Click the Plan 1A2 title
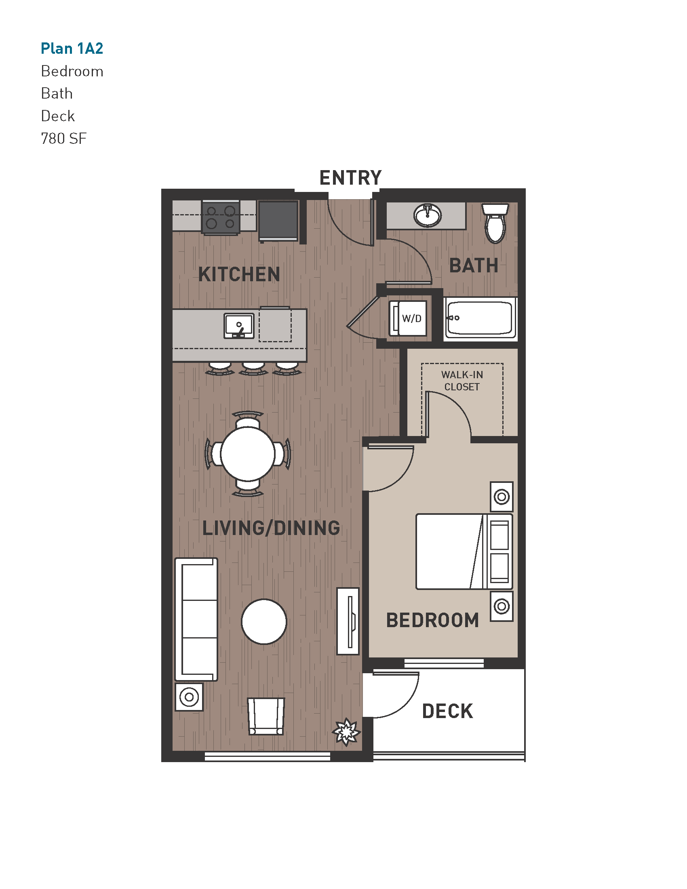click(x=72, y=48)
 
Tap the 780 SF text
click(x=63, y=138)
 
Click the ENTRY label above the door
click(x=350, y=178)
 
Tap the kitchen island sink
click(x=239, y=326)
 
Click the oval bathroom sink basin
click(x=427, y=215)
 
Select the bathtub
click(x=480, y=318)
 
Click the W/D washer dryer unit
click(x=409, y=318)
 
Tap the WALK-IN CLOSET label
click(x=462, y=381)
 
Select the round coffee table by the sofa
click(x=264, y=621)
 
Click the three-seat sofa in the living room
click(x=196, y=619)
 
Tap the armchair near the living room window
click(x=266, y=716)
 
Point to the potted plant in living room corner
click(x=346, y=732)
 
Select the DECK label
click(x=447, y=712)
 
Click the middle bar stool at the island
click(x=253, y=368)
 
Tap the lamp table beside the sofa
click(x=189, y=697)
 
